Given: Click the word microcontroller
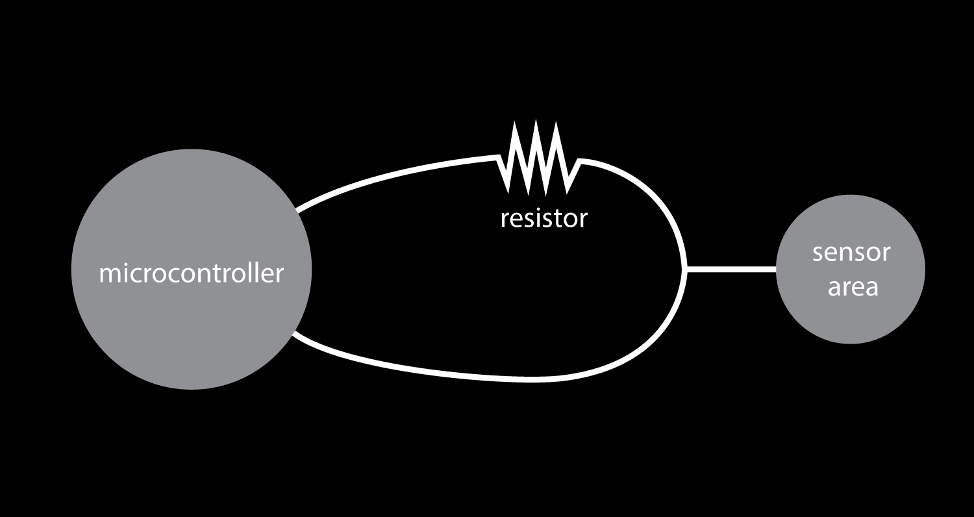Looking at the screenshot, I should coord(191,273).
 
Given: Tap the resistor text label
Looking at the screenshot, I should coord(543,218).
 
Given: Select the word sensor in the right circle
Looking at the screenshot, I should coord(851,252).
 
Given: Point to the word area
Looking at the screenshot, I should coord(853,286).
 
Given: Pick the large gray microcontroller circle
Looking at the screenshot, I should coord(191,325).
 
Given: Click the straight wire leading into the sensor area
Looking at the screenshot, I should coord(730,268).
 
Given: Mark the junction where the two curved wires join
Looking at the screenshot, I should coord(686,268).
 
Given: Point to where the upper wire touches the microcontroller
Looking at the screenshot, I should coord(297,210).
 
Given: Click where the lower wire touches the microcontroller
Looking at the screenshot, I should coord(294,334).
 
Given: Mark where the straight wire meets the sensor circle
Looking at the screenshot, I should coord(776,268).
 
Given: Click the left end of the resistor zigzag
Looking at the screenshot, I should coord(499,158).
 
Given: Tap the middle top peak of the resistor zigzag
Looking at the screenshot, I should coord(536,123).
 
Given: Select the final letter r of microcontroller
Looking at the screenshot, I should coord(281,274).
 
